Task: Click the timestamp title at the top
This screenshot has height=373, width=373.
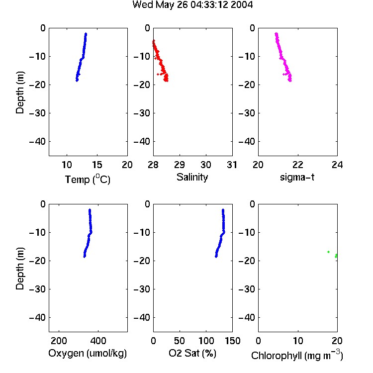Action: tap(192, 5)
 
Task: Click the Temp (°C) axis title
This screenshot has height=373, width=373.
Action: tap(88, 179)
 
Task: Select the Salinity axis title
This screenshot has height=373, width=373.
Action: tap(192, 177)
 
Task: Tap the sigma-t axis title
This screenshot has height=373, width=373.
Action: tap(297, 177)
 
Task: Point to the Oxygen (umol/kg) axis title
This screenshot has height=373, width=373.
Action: tap(88, 353)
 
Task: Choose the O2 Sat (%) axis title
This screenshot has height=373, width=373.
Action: tap(192, 353)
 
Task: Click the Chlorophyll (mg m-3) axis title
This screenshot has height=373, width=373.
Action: tap(297, 355)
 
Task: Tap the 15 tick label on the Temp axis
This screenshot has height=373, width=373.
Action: tap(97, 165)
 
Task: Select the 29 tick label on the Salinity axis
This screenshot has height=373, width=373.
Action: tap(180, 165)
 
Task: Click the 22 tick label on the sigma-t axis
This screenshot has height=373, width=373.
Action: tap(298, 165)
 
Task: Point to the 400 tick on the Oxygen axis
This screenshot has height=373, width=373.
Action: tap(98, 341)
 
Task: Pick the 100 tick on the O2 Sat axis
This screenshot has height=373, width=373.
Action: tap(206, 341)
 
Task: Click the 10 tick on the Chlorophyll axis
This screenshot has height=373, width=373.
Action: tap(298, 341)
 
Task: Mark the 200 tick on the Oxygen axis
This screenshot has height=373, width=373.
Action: tap(59, 341)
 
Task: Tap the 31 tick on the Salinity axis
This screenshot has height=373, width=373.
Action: tap(232, 165)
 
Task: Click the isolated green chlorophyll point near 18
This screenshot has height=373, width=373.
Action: tap(329, 252)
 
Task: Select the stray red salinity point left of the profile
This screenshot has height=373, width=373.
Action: tap(158, 75)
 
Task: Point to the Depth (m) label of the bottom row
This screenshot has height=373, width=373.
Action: tap(20, 269)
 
